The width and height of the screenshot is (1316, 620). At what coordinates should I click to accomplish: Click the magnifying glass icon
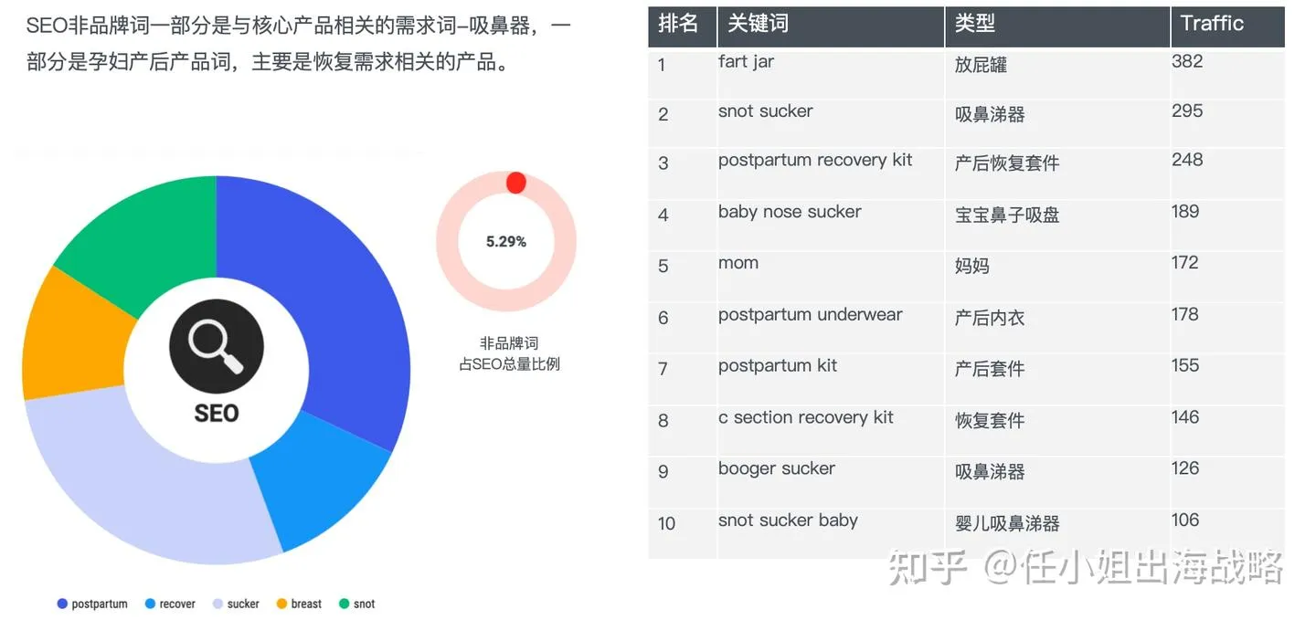[217, 348]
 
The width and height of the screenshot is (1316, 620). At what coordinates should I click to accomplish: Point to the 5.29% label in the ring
[506, 242]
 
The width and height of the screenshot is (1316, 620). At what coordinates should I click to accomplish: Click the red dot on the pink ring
[515, 183]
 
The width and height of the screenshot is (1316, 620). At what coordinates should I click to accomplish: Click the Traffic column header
[1212, 24]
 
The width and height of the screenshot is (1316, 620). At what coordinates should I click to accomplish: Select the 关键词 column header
[758, 24]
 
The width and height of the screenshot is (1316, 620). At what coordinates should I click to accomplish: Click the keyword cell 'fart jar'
[746, 62]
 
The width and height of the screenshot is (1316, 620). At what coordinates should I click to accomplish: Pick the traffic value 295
[1187, 111]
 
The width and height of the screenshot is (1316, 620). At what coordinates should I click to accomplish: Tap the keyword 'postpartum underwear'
[810, 315]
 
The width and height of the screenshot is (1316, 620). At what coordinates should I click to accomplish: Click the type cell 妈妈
[972, 267]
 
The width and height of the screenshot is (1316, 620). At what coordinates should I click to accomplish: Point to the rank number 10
[666, 523]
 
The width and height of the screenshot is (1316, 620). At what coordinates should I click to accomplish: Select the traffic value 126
[1185, 468]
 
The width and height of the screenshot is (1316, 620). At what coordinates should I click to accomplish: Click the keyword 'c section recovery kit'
[805, 418]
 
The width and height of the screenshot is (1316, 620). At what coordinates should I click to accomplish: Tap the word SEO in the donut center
[217, 414]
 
